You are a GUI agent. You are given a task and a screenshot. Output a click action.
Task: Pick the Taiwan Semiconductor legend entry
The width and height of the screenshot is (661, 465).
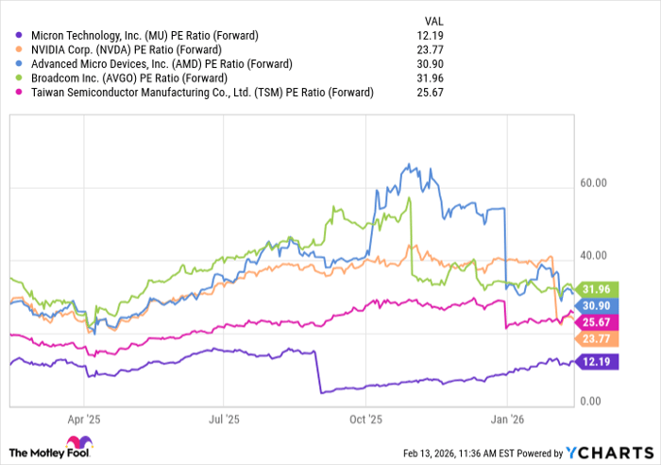tap(197, 92)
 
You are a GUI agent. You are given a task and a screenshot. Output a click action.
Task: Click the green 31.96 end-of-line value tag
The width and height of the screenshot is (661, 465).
tap(596, 289)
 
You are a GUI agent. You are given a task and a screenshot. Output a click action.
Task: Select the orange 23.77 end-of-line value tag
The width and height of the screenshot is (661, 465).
tap(596, 339)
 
